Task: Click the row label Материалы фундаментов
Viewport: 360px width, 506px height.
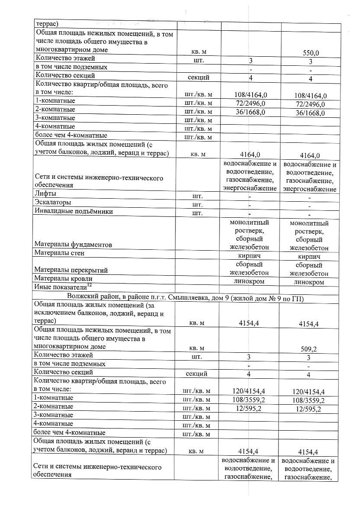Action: (73, 245)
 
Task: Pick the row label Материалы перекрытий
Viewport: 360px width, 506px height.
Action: (71, 270)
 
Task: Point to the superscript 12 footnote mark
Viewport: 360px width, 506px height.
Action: (90, 285)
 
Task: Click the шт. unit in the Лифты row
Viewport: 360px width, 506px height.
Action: (197, 196)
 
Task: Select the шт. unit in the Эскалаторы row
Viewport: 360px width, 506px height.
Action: (197, 205)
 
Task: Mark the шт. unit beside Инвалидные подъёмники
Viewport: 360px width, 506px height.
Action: (197, 213)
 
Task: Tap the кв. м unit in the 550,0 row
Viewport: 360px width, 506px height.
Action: (198, 52)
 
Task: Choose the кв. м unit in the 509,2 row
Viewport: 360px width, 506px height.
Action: (198, 348)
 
